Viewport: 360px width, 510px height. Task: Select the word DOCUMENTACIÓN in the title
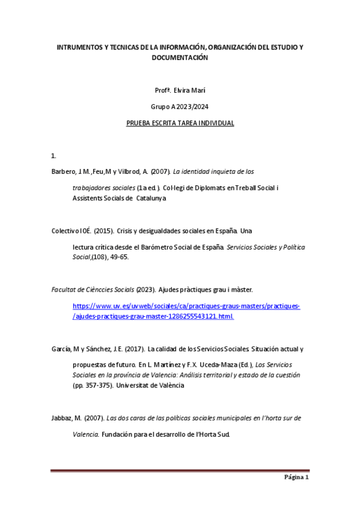[x=180, y=58]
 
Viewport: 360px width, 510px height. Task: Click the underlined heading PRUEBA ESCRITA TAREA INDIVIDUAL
[x=180, y=123]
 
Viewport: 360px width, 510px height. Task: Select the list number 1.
[x=53, y=156]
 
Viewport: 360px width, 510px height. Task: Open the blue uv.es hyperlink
[x=186, y=306]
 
